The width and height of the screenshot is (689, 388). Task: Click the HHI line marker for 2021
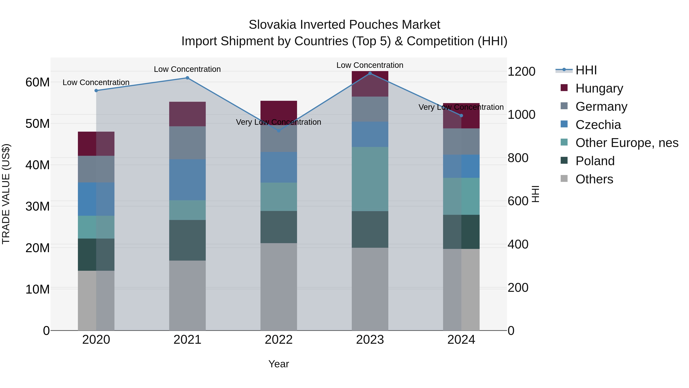(187, 78)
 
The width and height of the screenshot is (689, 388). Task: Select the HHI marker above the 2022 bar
(278, 131)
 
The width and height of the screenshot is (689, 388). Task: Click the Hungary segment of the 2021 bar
(187, 114)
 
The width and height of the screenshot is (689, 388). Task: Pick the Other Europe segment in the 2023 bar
(370, 179)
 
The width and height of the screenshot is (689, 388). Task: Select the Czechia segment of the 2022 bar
(278, 167)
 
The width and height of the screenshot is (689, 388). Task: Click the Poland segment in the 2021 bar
(187, 240)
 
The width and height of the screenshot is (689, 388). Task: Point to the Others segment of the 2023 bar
(370, 289)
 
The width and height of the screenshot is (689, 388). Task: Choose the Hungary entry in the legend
(599, 88)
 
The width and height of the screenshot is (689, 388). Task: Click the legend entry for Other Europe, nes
(627, 143)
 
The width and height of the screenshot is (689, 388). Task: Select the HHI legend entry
(586, 70)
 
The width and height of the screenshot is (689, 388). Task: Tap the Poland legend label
(595, 161)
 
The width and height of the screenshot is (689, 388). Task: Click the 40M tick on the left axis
(38, 165)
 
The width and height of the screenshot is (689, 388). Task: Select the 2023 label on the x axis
(370, 340)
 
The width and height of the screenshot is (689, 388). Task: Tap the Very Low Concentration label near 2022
(278, 122)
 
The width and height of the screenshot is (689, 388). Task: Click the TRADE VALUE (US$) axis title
(6, 194)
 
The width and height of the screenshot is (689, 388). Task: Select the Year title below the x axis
(278, 364)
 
